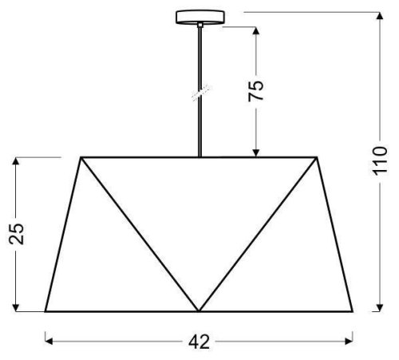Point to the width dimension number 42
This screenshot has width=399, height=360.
click(199, 342)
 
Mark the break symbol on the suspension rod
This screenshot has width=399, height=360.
click(197, 93)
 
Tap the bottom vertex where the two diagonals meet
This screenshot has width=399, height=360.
click(198, 311)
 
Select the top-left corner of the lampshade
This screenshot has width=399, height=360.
click(81, 157)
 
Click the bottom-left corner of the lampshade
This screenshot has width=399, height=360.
click(45, 311)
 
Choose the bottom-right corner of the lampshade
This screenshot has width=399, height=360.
click(353, 311)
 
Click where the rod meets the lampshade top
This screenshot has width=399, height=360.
click(197, 156)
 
